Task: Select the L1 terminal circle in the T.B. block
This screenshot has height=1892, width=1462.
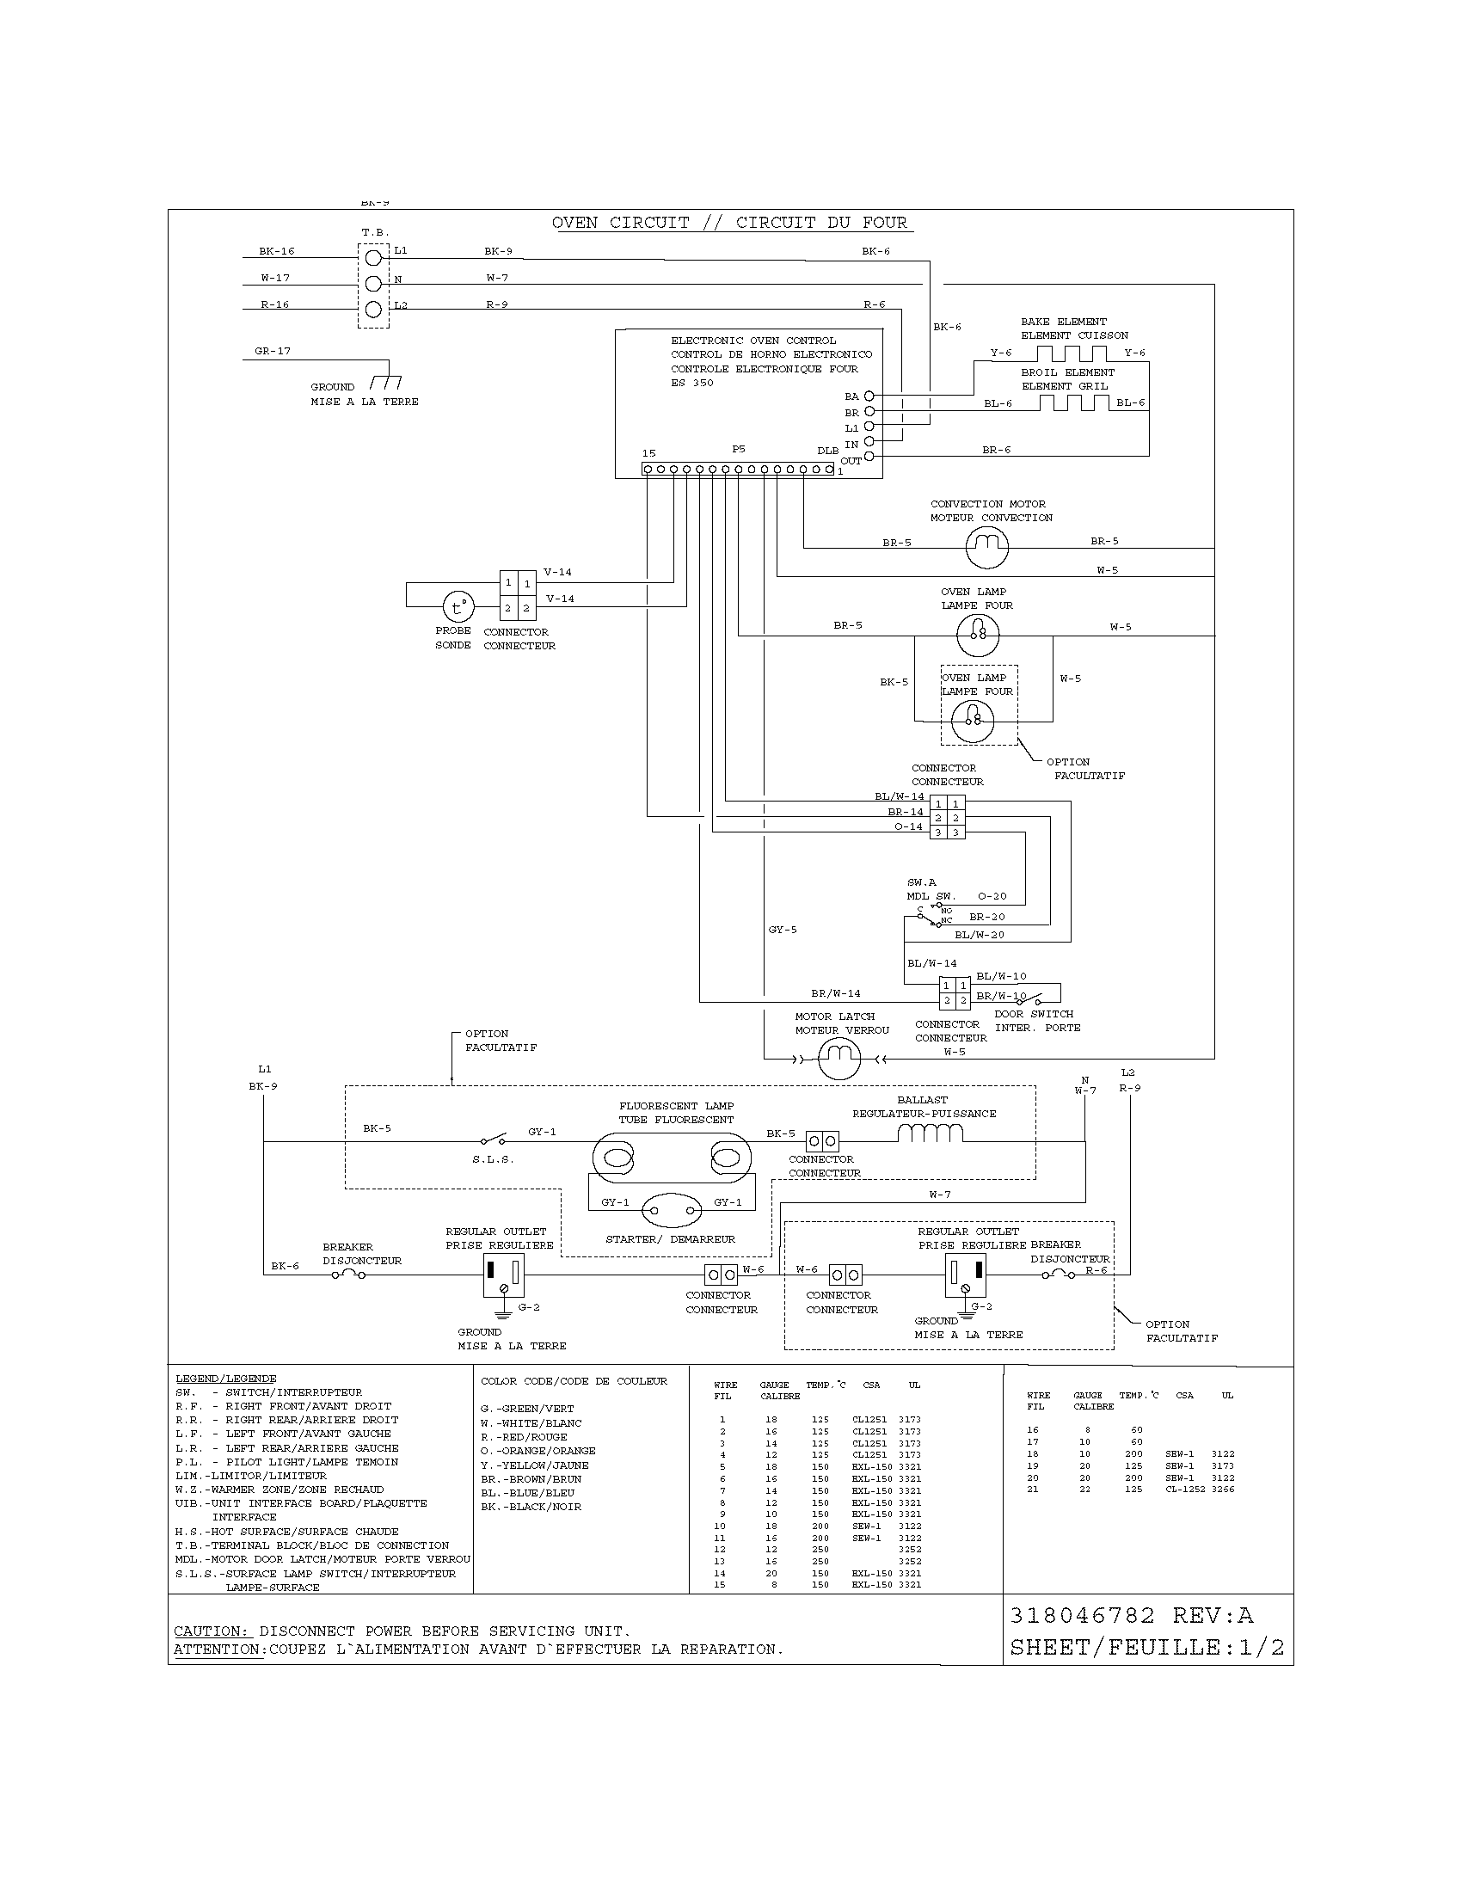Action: click(373, 257)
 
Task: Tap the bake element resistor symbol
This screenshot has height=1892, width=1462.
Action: click(1072, 353)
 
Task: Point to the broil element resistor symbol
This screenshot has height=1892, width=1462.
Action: click(1073, 403)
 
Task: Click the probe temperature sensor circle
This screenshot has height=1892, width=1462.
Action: click(458, 607)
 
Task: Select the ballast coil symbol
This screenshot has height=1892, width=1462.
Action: click(931, 1133)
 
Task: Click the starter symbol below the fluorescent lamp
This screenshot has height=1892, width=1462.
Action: click(672, 1210)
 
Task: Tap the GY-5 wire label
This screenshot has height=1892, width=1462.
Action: click(782, 930)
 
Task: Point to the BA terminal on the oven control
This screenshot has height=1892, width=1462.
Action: click(869, 396)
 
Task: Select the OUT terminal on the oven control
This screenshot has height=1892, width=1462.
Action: click(869, 457)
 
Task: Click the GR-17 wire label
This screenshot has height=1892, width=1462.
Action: click(273, 351)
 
